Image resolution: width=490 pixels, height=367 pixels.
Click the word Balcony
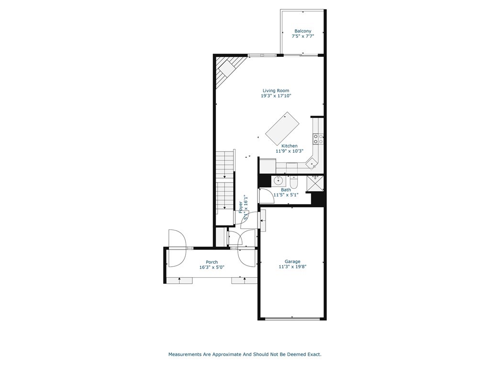[303, 31]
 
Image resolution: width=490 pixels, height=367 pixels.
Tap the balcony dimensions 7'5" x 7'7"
[303, 36]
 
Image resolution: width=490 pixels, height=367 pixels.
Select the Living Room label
[276, 90]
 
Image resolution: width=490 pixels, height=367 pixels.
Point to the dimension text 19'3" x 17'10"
[276, 96]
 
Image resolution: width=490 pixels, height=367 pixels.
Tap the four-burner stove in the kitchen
[318, 139]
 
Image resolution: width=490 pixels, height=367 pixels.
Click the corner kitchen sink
[312, 163]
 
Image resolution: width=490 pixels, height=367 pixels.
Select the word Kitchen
[290, 146]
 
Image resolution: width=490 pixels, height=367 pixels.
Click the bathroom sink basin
[278, 181]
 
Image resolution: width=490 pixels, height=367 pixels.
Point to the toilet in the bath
[294, 182]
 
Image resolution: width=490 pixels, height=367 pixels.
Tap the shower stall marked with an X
[315, 183]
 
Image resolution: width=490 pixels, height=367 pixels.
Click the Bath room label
[286, 190]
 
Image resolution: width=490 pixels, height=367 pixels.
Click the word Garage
[292, 261]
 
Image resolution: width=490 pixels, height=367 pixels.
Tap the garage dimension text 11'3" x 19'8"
[292, 267]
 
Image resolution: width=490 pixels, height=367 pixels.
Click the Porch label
[212, 262]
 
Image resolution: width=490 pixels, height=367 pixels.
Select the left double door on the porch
[177, 248]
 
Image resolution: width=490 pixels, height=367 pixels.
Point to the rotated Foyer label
[241, 206]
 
